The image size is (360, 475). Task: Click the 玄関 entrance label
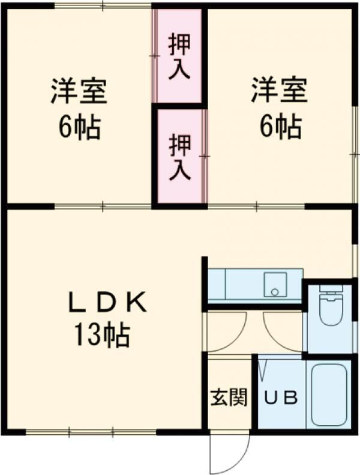[229, 398]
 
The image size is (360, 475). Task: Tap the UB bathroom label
[281, 398]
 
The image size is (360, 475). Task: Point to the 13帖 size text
[102, 335]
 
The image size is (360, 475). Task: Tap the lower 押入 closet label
[179, 157]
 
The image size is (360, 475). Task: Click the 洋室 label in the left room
[79, 92]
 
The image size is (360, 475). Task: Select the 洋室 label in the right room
[279, 92]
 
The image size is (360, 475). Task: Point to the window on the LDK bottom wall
[90, 431]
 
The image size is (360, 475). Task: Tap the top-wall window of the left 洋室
[102, 6]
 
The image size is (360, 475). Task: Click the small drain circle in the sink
[275, 292]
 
